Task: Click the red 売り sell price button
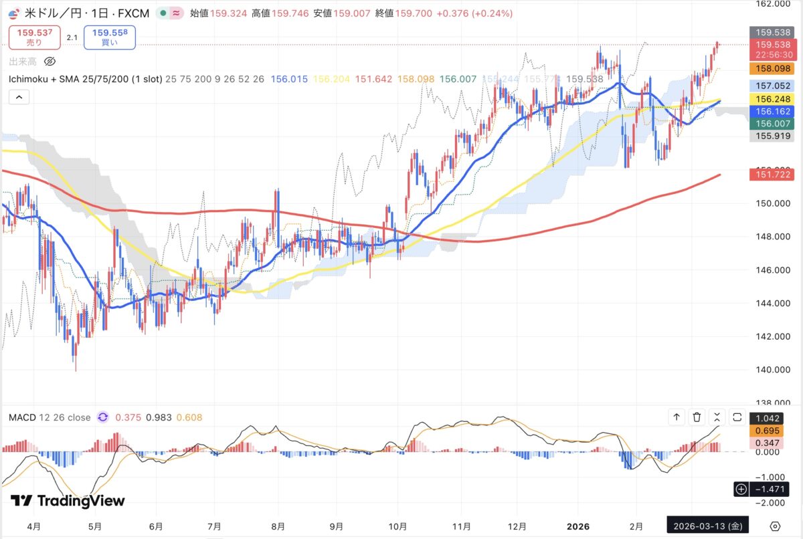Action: click(x=33, y=36)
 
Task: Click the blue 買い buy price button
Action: click(x=110, y=36)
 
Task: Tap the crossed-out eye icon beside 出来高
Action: click(x=49, y=62)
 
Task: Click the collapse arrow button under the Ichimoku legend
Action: click(x=19, y=97)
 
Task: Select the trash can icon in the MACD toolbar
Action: click(x=697, y=417)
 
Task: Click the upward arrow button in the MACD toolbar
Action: click(x=677, y=417)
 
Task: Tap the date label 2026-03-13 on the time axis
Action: click(x=707, y=525)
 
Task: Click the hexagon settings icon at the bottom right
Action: click(x=775, y=525)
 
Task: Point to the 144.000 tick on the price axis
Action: click(x=772, y=304)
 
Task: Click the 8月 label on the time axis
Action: click(x=279, y=526)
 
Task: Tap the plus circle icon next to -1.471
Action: click(x=741, y=489)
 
